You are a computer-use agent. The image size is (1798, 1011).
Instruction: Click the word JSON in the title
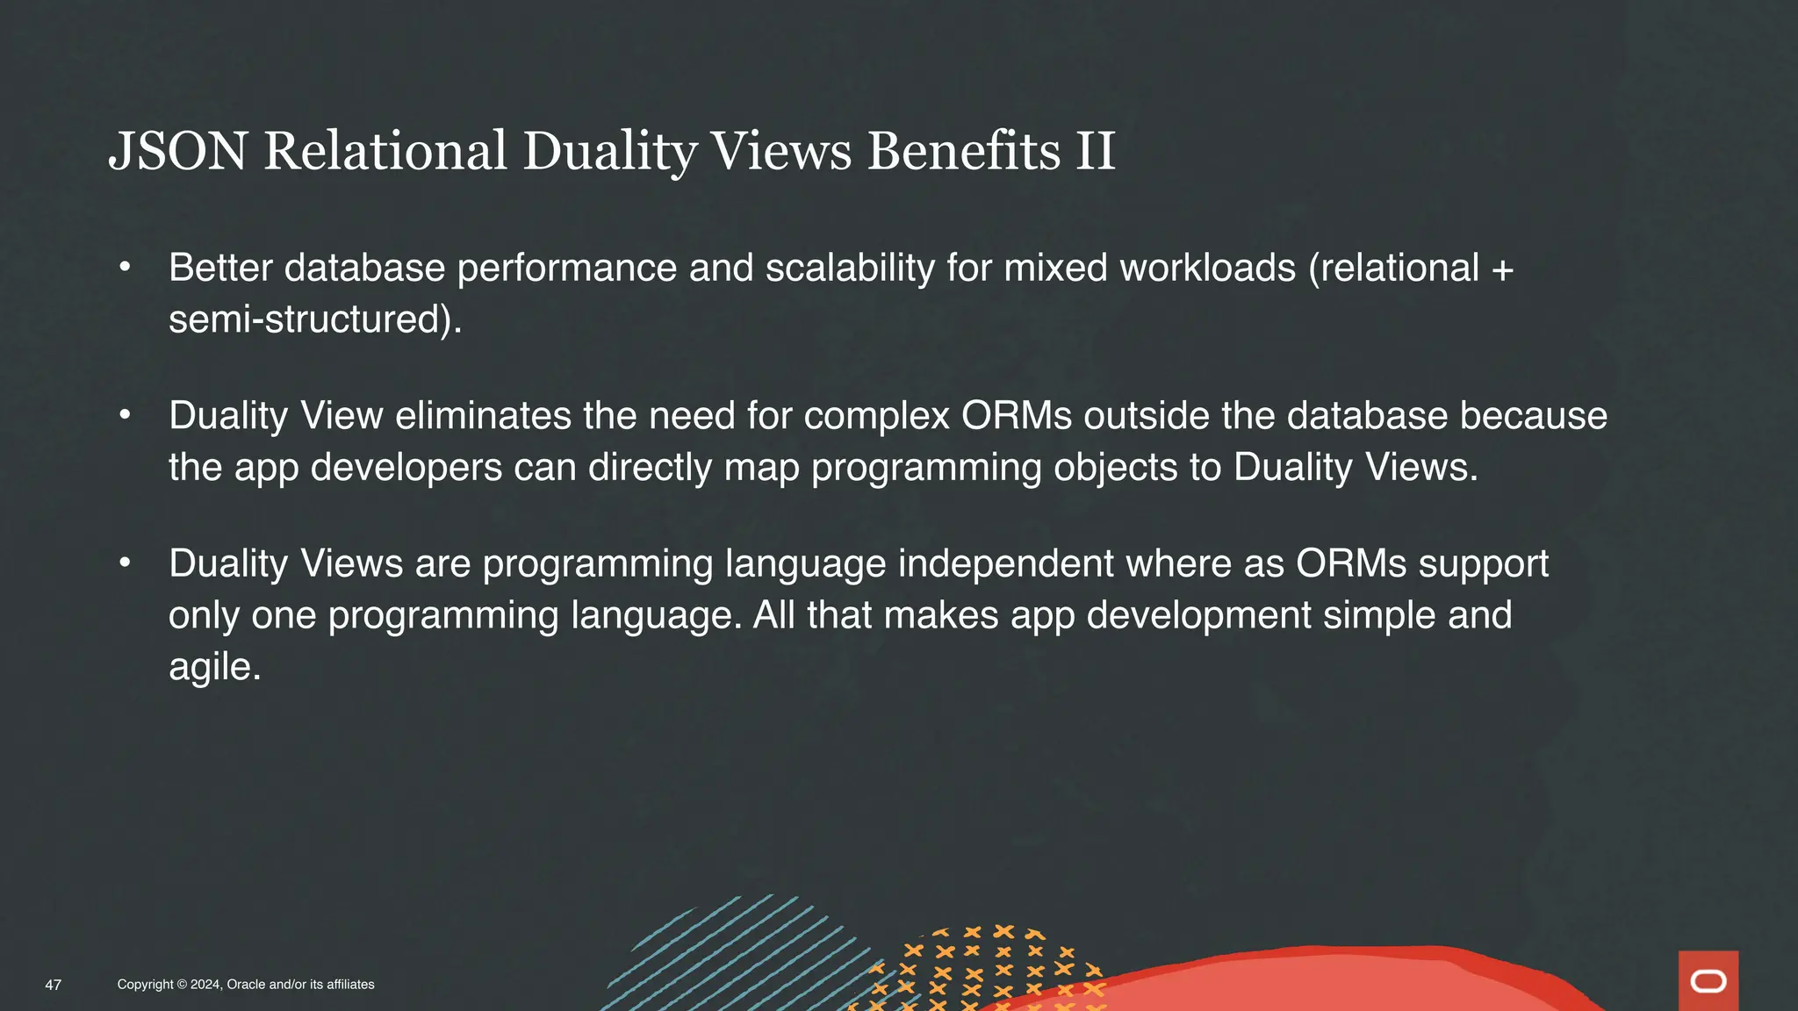click(x=177, y=151)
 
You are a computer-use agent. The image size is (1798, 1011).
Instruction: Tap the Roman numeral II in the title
click(x=1095, y=151)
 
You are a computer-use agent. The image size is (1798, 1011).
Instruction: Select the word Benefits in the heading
click(x=964, y=151)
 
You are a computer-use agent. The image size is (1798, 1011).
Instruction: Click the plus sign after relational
click(x=1502, y=269)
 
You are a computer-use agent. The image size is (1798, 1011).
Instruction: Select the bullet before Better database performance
click(x=126, y=266)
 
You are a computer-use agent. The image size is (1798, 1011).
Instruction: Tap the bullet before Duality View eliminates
click(x=126, y=414)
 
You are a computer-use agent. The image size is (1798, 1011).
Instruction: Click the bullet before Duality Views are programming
click(x=126, y=563)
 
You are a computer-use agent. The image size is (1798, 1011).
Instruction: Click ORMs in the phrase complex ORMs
click(x=1016, y=416)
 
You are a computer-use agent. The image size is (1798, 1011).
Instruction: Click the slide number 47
click(x=54, y=985)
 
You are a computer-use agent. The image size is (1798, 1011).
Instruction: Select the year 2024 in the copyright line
click(x=205, y=985)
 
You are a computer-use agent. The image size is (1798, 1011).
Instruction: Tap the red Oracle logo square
click(x=1708, y=980)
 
